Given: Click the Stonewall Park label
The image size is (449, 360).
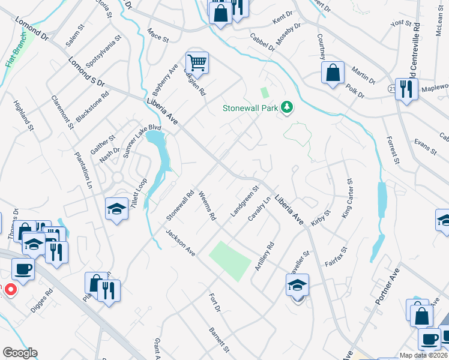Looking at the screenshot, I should (x=250, y=109).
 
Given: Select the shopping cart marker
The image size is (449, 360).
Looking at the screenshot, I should (x=197, y=62).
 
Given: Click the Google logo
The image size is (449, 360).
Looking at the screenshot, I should (x=19, y=353).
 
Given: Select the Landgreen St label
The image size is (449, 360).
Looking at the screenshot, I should (x=244, y=201).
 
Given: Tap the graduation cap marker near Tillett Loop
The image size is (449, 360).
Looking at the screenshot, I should (x=117, y=209).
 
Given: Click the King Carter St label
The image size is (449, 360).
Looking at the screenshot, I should (x=346, y=198).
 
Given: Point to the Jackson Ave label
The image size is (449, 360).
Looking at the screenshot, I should (x=181, y=243).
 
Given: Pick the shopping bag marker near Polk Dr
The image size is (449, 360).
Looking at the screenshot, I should (x=333, y=73).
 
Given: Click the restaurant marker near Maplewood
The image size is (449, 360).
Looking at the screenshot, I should (x=407, y=89).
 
